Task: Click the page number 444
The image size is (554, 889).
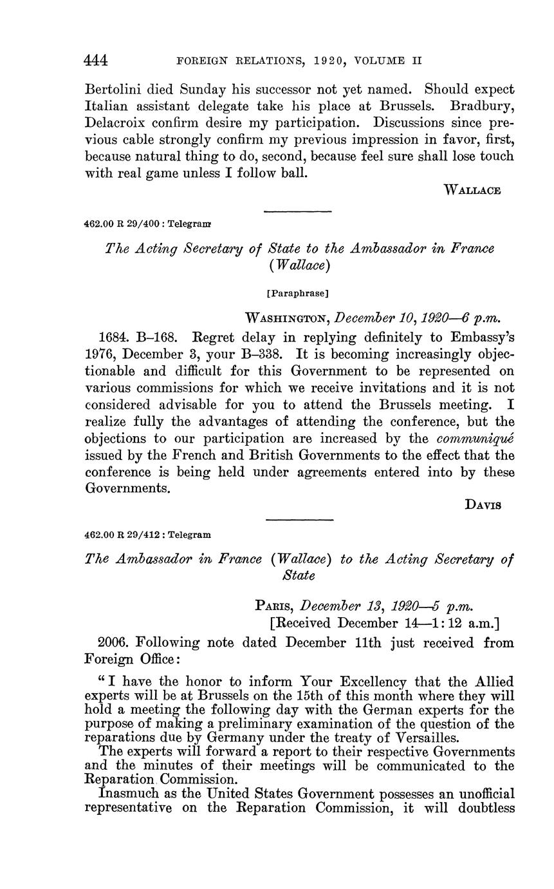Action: point(96,61)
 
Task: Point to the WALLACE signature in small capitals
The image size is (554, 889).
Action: point(472,190)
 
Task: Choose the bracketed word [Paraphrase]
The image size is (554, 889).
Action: point(297,293)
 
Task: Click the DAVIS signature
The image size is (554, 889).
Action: point(483,505)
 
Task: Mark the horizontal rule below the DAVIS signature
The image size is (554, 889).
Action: point(299,520)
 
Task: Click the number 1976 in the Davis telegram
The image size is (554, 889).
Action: point(100,354)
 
